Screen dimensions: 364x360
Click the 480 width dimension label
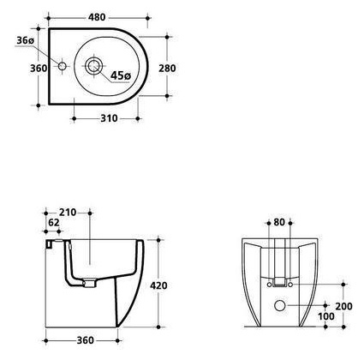(x=97, y=17)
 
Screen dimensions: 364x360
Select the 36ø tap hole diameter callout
(x=26, y=40)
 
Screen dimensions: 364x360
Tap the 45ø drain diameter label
(x=121, y=75)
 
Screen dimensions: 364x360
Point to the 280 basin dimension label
(x=167, y=69)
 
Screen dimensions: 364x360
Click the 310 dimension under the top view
(x=109, y=118)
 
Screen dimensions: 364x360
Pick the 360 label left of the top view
(x=39, y=69)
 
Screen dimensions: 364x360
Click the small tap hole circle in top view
(x=63, y=66)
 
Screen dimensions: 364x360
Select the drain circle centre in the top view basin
(x=93, y=66)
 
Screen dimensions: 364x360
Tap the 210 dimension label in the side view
(x=68, y=213)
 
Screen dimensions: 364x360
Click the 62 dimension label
(x=53, y=223)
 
